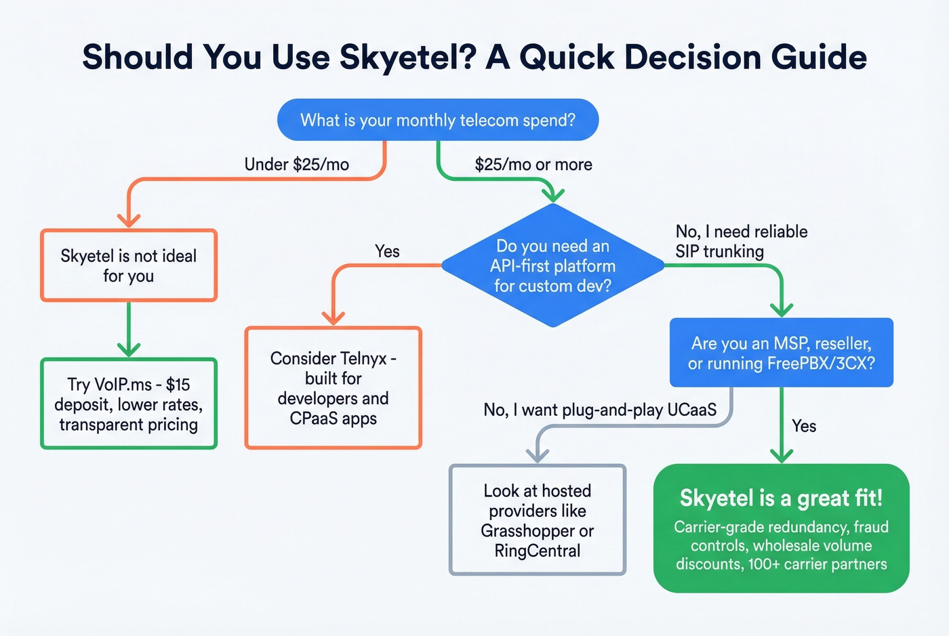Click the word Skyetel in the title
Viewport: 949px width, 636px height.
[403, 57]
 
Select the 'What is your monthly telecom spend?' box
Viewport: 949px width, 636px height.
[438, 120]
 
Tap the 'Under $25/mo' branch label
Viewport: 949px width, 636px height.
[296, 165]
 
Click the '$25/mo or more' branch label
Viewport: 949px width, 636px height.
[533, 165]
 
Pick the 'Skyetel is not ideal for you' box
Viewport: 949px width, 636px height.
[129, 266]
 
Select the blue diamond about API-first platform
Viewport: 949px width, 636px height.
[552, 266]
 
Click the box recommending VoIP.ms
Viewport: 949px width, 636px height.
[129, 404]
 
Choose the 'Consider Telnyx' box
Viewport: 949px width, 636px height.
[333, 388]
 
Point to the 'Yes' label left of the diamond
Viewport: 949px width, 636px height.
[387, 251]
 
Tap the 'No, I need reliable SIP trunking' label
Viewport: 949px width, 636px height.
[741, 241]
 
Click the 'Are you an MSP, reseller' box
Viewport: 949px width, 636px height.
[781, 353]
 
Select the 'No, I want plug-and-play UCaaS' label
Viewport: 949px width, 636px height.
[599, 410]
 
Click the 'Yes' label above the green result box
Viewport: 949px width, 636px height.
[804, 426]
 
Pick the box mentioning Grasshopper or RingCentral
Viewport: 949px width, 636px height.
[538, 520]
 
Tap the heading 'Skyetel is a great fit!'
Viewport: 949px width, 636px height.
[781, 499]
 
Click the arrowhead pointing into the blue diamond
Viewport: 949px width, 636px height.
[553, 195]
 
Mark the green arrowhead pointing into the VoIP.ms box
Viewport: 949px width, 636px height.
[129, 349]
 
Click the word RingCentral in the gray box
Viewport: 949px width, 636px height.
[538, 551]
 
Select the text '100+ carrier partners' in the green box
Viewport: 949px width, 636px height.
[817, 564]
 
